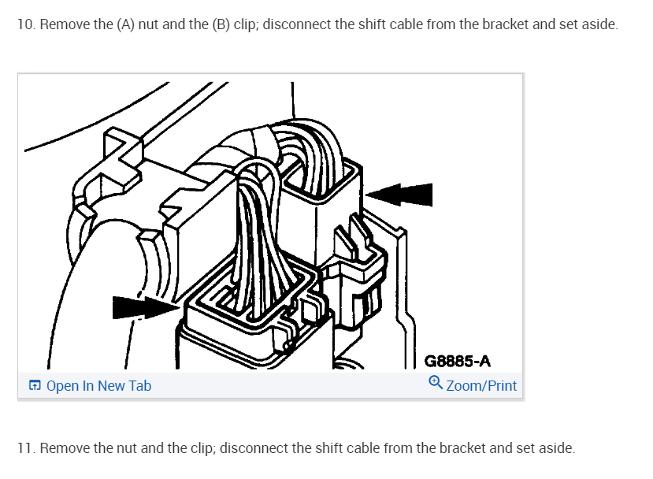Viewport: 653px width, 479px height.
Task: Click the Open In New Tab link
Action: [98, 386]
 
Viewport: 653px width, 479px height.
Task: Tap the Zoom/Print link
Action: [481, 386]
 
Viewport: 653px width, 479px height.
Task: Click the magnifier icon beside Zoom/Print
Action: [436, 384]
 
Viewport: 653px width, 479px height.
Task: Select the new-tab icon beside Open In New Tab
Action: [35, 386]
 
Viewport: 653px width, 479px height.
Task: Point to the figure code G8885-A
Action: [458, 362]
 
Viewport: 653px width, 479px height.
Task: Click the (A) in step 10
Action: [127, 24]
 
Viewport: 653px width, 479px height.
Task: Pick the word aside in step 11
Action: [556, 448]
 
